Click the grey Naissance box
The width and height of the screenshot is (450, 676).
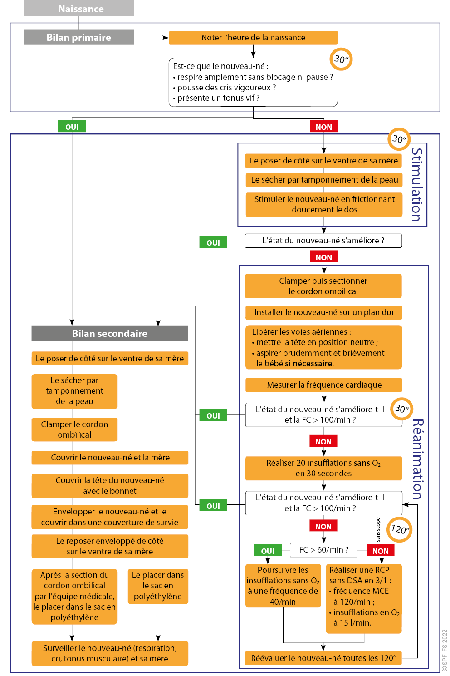[79, 9]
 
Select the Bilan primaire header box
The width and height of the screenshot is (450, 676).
[79, 37]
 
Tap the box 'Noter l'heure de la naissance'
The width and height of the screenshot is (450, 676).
[253, 38]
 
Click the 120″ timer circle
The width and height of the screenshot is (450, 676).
[399, 529]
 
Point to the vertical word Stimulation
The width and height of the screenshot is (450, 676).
[417, 184]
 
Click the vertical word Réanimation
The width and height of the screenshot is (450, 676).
[418, 459]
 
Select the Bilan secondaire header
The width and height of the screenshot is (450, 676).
[110, 333]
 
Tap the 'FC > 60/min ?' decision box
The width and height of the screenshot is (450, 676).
[323, 550]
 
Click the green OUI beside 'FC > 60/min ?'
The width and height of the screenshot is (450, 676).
[268, 550]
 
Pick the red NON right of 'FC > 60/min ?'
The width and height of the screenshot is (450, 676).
[380, 550]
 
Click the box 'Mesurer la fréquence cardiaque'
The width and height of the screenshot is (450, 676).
[324, 385]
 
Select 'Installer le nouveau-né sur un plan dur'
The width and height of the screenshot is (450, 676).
[324, 312]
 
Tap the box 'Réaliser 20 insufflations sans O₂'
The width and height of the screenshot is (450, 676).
[323, 468]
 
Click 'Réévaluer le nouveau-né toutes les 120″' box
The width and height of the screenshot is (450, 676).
[323, 658]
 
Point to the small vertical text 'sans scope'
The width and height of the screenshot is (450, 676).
[378, 530]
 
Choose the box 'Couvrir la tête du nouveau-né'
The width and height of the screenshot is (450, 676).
[110, 486]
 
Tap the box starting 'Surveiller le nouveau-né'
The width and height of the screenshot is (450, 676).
[110, 653]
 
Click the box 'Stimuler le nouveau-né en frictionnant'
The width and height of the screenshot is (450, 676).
[324, 204]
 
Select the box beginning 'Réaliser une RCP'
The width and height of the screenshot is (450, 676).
[364, 598]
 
